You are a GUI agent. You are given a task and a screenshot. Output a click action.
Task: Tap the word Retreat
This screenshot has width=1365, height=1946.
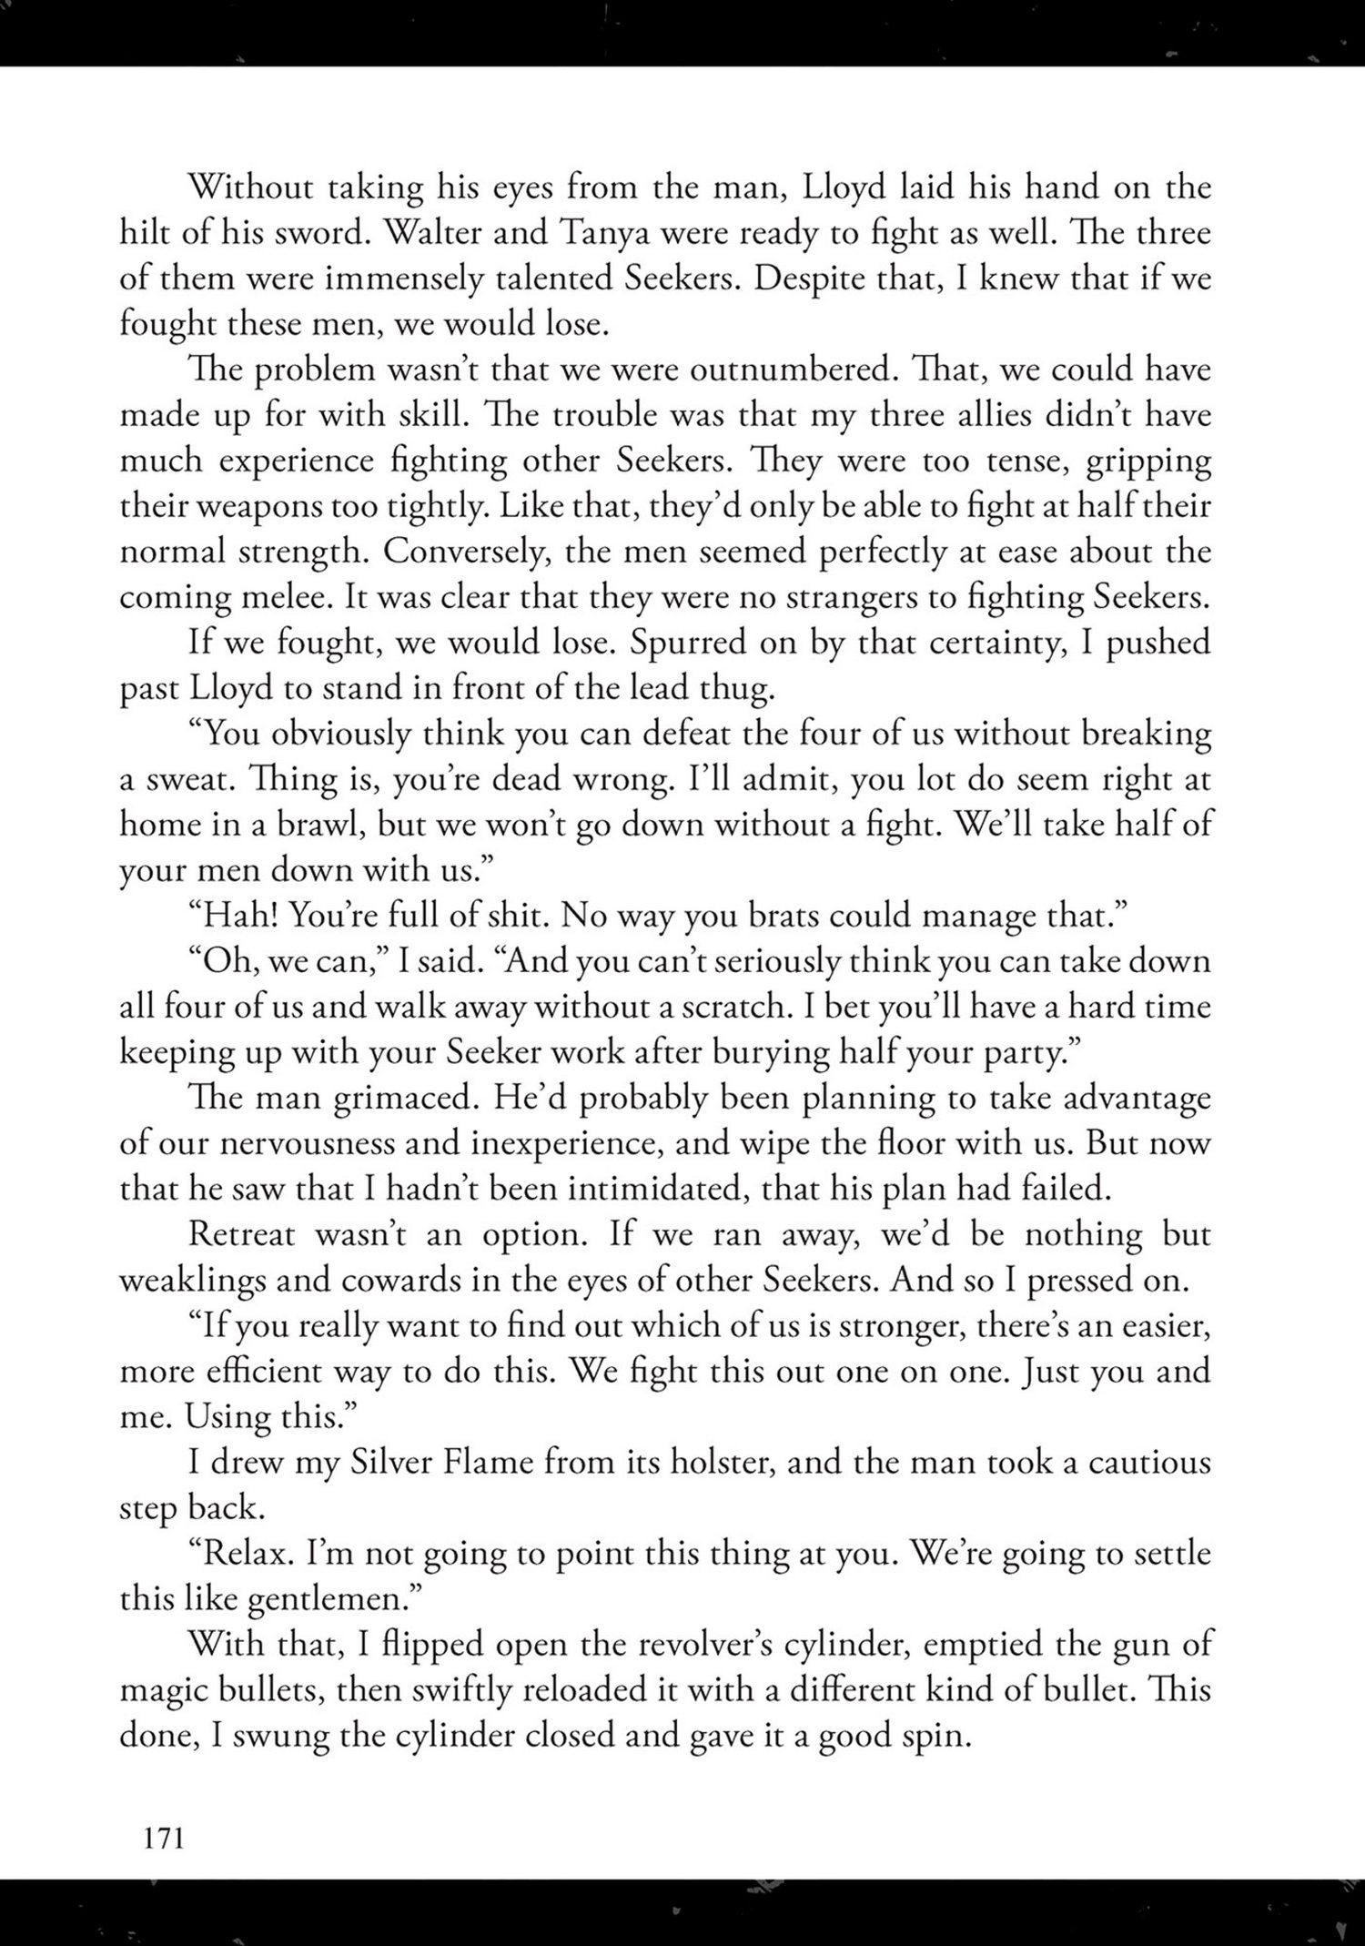243,1235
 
